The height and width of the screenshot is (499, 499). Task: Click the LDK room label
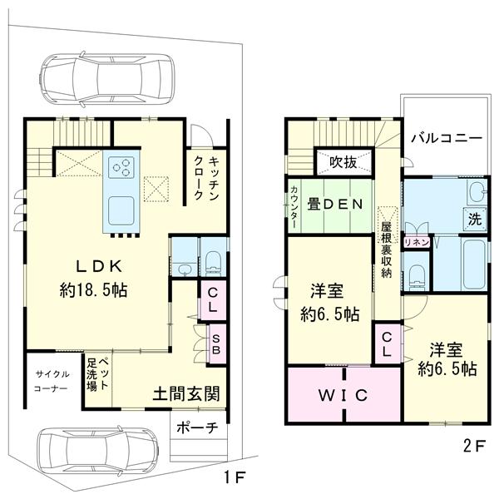99,266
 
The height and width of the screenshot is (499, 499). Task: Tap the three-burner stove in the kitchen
121,167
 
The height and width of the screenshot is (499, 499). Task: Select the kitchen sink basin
121,210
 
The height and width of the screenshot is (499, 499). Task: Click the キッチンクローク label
206,178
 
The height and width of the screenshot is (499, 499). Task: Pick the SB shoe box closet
216,344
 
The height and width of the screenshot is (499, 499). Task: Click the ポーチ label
197,427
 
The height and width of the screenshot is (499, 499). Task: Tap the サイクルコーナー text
51,382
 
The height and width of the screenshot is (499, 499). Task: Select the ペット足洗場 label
98,374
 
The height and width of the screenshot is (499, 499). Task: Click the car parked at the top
106,79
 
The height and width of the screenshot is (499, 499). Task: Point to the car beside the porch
97,452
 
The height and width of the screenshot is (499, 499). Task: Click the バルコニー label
447,139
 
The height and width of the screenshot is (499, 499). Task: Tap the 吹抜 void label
343,163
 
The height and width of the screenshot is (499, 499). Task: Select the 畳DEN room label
334,205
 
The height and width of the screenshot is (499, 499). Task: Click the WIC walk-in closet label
343,395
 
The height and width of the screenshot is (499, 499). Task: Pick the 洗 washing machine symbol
475,219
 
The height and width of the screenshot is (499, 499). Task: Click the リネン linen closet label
417,243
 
